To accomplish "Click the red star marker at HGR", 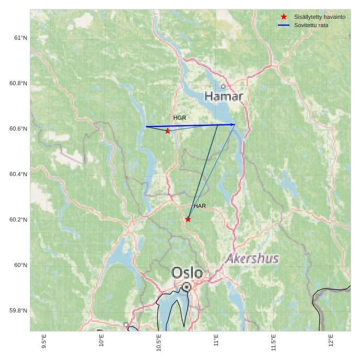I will pyautogui.click(x=168, y=131).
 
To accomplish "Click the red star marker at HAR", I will pyautogui.click(x=188, y=219).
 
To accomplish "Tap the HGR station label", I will pyautogui.click(x=180, y=118).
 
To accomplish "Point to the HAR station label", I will pyautogui.click(x=200, y=206).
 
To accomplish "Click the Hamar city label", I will pyautogui.click(x=224, y=97).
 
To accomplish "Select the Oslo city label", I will pyautogui.click(x=187, y=273).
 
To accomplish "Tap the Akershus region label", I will pyautogui.click(x=252, y=259).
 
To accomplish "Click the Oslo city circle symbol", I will pyautogui.click(x=187, y=287).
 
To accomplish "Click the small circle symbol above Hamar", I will pyautogui.click(x=223, y=86).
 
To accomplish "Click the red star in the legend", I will pyautogui.click(x=284, y=17).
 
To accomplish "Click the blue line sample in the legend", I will pyautogui.click(x=284, y=25).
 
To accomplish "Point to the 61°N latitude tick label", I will pyautogui.click(x=21, y=38).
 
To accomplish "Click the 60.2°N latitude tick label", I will pyautogui.click(x=18, y=220).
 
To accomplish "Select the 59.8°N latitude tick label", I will pyautogui.click(x=18, y=311).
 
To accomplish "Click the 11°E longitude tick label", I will pyautogui.click(x=216, y=341).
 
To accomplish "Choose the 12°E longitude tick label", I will pyautogui.click(x=331, y=341).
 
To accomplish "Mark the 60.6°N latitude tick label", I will pyautogui.click(x=18, y=129).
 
